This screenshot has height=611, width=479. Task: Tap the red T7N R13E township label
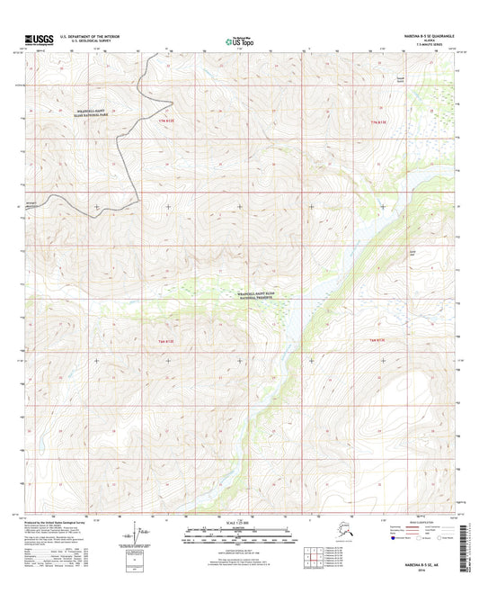pos(382,120)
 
